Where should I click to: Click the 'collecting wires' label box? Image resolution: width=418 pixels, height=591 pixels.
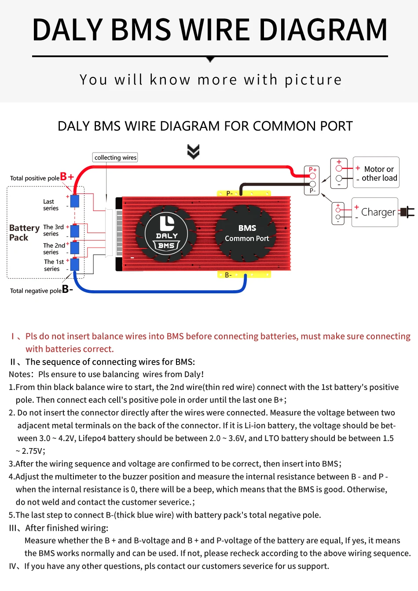tap(115, 157)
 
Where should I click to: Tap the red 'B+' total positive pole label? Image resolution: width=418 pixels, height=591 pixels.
tap(67, 177)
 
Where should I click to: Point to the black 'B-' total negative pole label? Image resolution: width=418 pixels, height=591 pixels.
tap(67, 289)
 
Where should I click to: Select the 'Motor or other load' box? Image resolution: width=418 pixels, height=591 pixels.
tap(376, 172)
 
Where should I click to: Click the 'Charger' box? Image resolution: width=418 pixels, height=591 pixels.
tap(375, 212)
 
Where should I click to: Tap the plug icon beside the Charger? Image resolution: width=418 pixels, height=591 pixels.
tap(408, 212)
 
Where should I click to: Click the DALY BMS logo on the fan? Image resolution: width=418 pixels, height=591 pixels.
tap(167, 233)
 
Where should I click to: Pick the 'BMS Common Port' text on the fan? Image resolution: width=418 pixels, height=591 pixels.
tap(247, 233)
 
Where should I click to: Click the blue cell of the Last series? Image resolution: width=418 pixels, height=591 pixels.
tap(75, 201)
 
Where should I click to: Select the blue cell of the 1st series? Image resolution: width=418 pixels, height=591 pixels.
tap(75, 265)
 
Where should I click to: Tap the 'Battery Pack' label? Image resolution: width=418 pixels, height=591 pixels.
tap(24, 233)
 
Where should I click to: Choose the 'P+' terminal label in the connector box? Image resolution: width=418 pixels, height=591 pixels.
tap(312, 170)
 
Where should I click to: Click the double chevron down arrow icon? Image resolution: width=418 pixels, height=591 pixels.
tap(193, 151)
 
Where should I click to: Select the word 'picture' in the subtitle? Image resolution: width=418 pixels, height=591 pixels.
tap(313, 80)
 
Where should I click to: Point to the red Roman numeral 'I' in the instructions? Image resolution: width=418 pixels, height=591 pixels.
tap(13, 336)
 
